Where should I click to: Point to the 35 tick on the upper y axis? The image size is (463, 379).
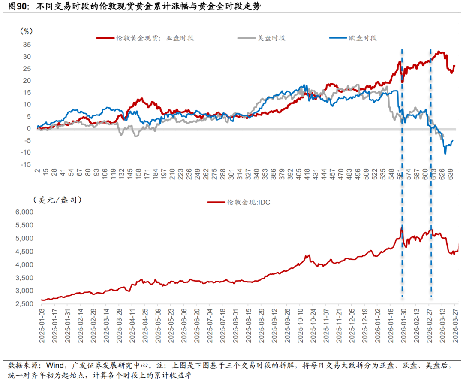click(x=26, y=44)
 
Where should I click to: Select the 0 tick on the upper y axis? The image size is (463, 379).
click(x=29, y=128)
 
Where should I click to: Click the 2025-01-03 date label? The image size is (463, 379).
click(x=42, y=324)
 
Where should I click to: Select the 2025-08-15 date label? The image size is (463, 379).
click(x=250, y=324)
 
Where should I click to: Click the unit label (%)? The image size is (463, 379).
click(x=26, y=31)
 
